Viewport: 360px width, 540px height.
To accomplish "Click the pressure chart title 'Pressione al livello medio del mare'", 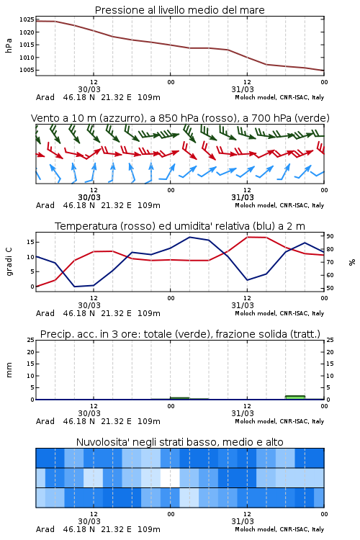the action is (x=179, y=10).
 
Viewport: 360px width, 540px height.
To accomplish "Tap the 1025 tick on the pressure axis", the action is (x=27, y=19).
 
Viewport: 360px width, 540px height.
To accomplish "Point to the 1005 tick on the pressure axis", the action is (x=27, y=70).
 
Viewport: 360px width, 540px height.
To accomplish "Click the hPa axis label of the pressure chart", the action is (x=9, y=45).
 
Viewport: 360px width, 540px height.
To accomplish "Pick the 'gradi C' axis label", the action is (x=9, y=261).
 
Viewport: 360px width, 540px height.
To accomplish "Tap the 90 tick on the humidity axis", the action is (x=330, y=236).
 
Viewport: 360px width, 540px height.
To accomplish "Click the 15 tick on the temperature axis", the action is (x=30, y=242).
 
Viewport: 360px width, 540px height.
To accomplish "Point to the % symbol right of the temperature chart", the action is (x=352, y=262).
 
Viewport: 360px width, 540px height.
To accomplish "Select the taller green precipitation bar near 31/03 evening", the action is (x=295, y=397).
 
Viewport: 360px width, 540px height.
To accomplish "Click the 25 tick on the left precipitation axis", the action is (x=30, y=340).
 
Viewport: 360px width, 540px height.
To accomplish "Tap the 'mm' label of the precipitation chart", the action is (x=9, y=370).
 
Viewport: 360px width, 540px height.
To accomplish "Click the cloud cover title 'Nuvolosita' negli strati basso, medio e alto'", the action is (x=179, y=442).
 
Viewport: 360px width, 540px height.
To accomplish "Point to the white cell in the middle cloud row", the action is (x=170, y=477).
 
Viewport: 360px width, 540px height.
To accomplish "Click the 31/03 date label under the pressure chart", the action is (x=243, y=89).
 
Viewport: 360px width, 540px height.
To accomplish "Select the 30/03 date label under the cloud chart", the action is (x=89, y=521).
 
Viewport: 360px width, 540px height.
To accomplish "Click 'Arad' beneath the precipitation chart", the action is (x=45, y=421).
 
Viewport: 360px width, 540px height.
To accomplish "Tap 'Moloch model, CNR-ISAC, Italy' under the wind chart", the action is (x=279, y=205).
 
